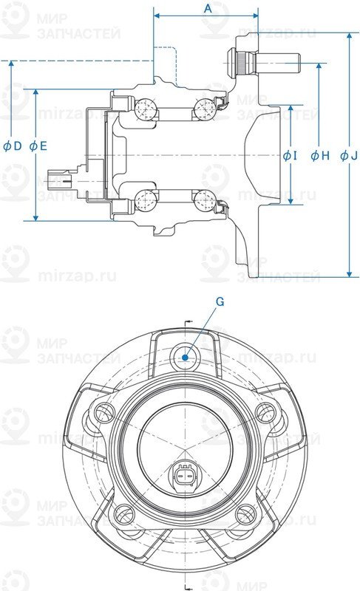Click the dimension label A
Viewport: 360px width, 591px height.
(x=208, y=8)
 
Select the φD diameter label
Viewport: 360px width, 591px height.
(x=13, y=146)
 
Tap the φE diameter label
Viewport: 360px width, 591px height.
(x=38, y=146)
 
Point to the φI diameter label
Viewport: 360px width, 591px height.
(x=290, y=156)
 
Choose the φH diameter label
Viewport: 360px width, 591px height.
(x=319, y=156)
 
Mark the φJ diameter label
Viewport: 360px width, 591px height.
(x=350, y=156)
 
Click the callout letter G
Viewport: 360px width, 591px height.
(x=220, y=301)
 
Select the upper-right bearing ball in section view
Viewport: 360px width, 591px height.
(x=203, y=109)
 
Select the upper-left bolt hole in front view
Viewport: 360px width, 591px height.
(x=101, y=411)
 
